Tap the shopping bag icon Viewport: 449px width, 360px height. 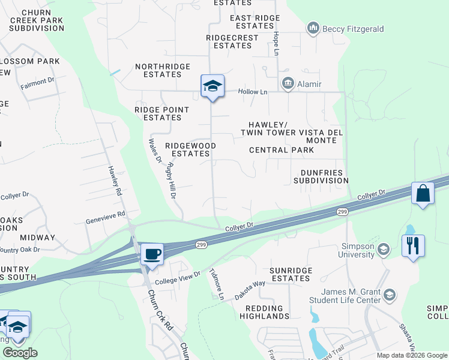423,194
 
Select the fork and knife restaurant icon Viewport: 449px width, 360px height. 413,246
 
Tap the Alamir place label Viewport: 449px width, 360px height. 309,83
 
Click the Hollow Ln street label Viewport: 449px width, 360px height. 253,92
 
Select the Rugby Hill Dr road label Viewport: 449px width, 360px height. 173,181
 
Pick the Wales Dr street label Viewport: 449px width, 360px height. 155,150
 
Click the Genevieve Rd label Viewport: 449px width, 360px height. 105,215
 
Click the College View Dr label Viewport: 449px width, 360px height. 177,277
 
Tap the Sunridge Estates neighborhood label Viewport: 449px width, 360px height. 291,274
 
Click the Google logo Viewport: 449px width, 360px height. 20,353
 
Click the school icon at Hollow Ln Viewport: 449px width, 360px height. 212,86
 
